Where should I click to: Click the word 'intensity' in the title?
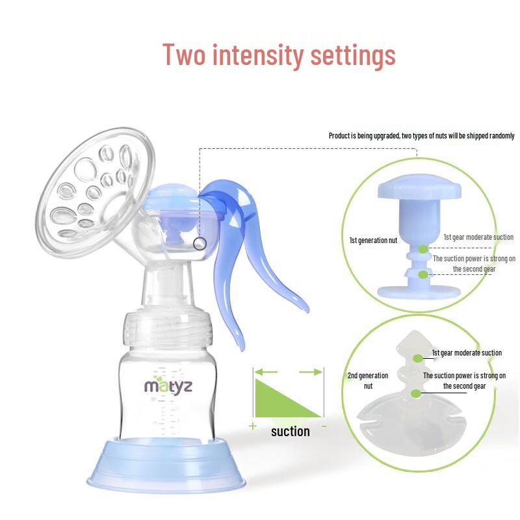pos(258,55)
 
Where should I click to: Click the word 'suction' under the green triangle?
pos(290,432)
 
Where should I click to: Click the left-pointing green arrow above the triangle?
pos(266,372)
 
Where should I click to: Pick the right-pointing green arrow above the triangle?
pos(311,372)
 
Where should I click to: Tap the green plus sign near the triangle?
pos(253,426)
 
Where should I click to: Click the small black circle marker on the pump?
pos(200,244)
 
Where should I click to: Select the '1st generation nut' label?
pos(373,240)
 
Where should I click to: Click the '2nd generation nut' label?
pos(368,380)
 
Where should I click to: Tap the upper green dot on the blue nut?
pos(423,249)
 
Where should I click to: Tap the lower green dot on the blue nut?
pos(423,274)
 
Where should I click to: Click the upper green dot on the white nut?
pos(418,358)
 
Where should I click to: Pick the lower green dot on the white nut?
pos(416,394)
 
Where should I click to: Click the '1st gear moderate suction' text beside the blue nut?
pos(478,237)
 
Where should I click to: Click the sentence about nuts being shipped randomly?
pos(421,136)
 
